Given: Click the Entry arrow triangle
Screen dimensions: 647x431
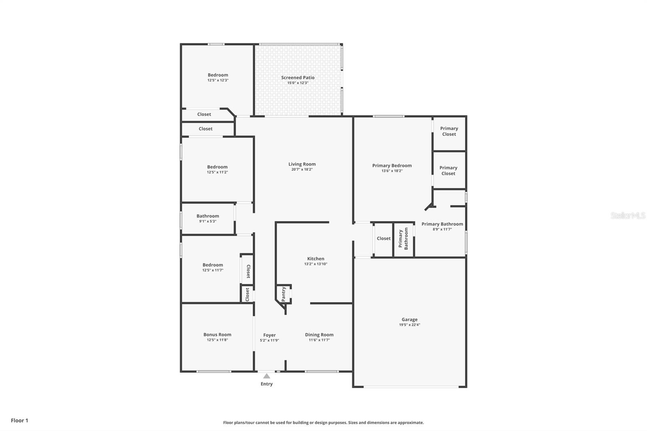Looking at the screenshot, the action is (266, 376).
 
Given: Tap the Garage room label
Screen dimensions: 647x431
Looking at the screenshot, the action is (410, 319).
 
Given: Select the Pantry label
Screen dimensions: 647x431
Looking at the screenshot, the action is (283, 294).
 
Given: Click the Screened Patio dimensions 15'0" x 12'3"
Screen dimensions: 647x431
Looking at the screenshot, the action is (298, 83).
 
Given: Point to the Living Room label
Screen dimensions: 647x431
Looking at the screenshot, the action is (302, 164).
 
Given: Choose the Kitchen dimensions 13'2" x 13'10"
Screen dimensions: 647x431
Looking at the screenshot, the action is (316, 264).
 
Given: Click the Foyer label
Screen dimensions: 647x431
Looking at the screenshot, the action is (269, 335).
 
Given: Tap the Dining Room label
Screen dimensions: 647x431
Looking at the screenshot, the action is (319, 335).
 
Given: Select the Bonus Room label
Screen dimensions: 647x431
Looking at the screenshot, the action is (217, 334).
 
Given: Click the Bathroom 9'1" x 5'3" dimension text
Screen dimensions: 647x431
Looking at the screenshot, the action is (208, 222).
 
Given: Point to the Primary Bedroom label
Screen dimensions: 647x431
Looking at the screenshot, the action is (392, 165).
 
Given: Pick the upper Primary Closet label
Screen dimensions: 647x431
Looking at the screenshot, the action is (449, 131).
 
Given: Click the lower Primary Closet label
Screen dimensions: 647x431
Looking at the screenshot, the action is (448, 171).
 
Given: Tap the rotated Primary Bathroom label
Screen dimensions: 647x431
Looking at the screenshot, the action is (403, 239).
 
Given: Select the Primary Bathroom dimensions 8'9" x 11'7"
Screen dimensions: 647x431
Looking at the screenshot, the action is (442, 229).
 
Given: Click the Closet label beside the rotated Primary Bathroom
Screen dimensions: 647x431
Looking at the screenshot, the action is (384, 238).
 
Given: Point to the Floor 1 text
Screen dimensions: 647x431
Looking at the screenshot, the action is (20, 420).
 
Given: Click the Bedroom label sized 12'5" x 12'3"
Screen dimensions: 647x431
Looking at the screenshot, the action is (218, 75).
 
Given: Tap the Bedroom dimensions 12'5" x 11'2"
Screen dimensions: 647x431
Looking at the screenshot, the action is (217, 172).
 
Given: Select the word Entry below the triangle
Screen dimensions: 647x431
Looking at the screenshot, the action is (266, 384).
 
